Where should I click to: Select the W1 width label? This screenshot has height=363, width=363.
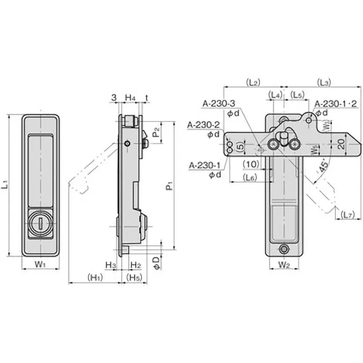coord(40,264)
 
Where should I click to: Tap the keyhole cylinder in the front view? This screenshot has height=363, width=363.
coord(40,223)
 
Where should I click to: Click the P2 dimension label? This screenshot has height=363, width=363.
coord(156,132)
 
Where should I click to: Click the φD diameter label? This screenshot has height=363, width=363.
coord(156,263)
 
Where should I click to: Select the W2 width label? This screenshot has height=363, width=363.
coord(284,264)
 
